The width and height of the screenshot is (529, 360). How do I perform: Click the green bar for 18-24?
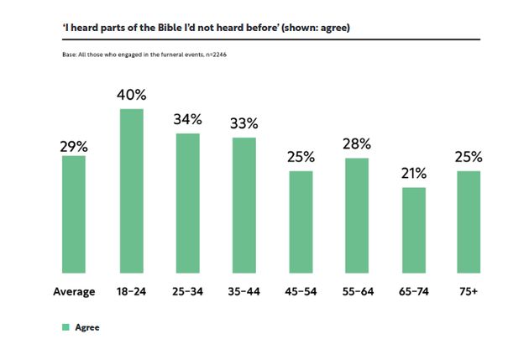[131, 190]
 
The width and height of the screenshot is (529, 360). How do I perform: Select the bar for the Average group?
[74, 214]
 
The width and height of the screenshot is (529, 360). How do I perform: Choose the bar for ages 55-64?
[357, 215]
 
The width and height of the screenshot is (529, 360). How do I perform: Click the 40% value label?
[132, 95]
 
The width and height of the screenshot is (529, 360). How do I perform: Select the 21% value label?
[413, 174]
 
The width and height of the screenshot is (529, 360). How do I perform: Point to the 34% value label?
[188, 120]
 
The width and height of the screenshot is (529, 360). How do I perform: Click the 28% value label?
[357, 145]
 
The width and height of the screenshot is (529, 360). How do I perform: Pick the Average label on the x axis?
[74, 291]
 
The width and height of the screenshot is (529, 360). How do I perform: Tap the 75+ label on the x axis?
[469, 291]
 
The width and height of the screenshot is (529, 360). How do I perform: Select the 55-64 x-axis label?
[357, 291]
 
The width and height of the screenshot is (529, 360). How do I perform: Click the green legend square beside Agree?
[65, 327]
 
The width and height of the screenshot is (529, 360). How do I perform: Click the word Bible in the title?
[160, 28]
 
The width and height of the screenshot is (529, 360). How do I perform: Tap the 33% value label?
[244, 123]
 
